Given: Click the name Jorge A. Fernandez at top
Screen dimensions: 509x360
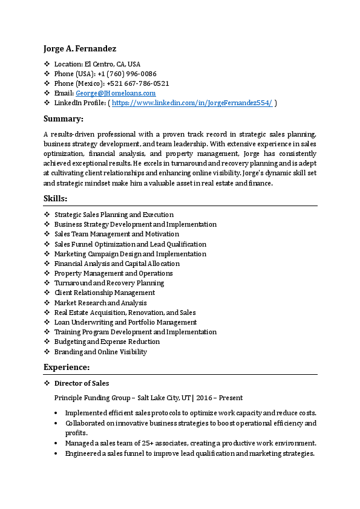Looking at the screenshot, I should pyautogui.click(x=80, y=48).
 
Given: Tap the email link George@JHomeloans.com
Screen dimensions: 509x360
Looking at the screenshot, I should pyautogui.click(x=116, y=93).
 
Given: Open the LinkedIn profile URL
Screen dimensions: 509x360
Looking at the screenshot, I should pyautogui.click(x=192, y=103).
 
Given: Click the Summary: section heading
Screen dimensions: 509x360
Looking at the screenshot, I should pyautogui.click(x=64, y=118).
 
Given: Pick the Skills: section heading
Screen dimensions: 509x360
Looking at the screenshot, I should pyautogui.click(x=56, y=198).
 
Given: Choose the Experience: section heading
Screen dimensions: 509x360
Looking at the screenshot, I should pyautogui.click(x=67, y=367).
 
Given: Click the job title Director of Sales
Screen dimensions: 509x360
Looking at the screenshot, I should pyautogui.click(x=82, y=383).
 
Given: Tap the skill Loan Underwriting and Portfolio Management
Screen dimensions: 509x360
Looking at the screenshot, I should pyautogui.click(x=125, y=322).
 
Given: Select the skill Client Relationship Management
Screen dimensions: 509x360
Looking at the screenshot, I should pyautogui.click(x=105, y=293).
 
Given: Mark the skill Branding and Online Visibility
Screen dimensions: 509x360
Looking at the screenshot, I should pyautogui.click(x=100, y=352).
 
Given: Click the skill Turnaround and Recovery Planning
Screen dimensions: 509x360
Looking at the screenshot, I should pyautogui.click(x=109, y=283).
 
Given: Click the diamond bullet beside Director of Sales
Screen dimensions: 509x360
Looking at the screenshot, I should pyautogui.click(x=47, y=383).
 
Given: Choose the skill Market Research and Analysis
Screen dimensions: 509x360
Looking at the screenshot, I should pyautogui.click(x=100, y=303).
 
